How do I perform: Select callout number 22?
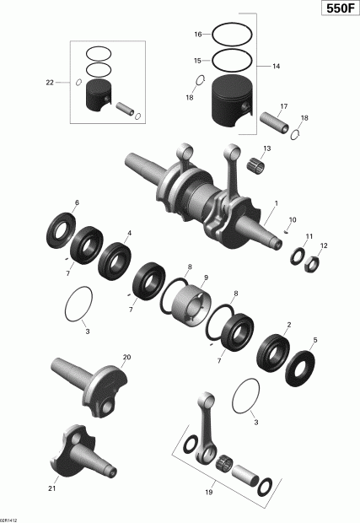coord(49,82)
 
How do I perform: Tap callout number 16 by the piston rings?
coord(197,35)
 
